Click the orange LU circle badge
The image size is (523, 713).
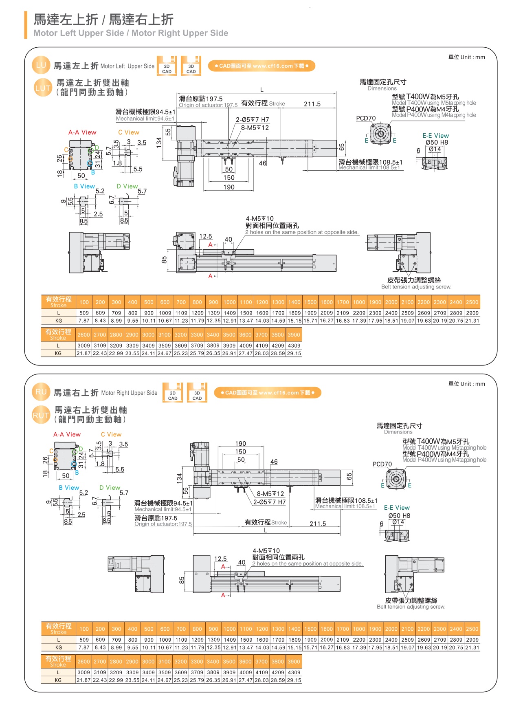pos(41,65)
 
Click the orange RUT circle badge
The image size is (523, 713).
pos(41,415)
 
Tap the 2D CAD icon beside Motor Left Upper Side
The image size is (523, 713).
pos(167,66)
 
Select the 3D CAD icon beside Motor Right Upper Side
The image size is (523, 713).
pos(197,393)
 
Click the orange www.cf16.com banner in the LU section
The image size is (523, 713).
pos(261,66)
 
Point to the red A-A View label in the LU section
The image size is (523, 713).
pos(82,132)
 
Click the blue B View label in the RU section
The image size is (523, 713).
pos(69,488)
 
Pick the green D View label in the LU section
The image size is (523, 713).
pos(127,186)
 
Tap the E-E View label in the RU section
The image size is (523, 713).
pos(397,508)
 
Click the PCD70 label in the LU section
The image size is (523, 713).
pos(366,118)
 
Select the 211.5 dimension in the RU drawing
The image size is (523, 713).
pos(318,524)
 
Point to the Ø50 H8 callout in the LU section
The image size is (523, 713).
pos(437,142)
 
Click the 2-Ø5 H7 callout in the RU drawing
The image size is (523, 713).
pos(269,502)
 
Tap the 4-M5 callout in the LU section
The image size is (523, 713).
pos(260,219)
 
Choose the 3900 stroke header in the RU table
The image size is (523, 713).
pos(294,662)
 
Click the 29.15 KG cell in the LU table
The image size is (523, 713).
pos(294,353)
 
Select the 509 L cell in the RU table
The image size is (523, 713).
pos(84,640)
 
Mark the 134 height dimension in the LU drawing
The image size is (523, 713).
pos(159,142)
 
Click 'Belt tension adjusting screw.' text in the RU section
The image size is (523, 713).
pos(411,607)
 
